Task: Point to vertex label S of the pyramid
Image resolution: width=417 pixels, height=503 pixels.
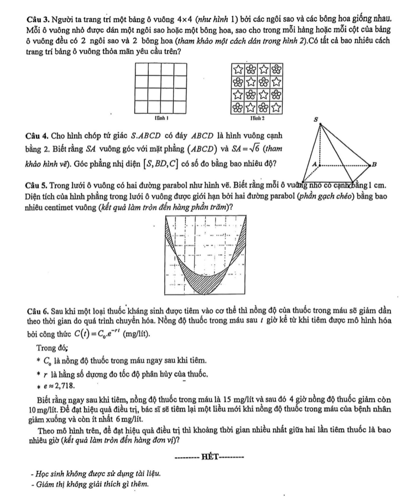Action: point(316,119)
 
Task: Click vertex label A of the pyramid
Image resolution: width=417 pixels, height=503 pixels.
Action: point(314,164)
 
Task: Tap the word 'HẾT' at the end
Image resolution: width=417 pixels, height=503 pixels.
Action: point(210,456)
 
